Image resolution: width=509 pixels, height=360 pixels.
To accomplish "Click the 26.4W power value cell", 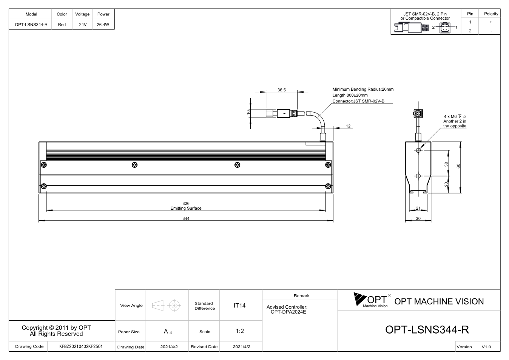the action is [103, 25].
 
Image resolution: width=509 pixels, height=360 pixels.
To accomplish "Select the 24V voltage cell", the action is [83, 25].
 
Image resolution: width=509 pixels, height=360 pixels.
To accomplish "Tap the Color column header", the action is [62, 14].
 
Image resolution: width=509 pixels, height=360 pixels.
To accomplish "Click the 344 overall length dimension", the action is [186, 218].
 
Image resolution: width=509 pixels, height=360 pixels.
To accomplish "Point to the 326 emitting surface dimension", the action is [186, 203].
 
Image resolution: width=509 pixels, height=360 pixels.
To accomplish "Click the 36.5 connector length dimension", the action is [282, 90].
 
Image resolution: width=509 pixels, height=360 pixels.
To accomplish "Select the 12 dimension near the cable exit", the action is [348, 126].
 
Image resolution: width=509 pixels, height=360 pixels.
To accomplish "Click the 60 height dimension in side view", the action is [458, 166].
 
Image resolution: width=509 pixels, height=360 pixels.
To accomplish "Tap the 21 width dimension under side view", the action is [418, 208].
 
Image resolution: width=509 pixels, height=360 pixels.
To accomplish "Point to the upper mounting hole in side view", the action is [418, 150].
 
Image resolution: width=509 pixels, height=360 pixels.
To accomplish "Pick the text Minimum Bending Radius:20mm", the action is [363, 89].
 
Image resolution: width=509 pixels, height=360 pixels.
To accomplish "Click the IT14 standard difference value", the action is [239, 306].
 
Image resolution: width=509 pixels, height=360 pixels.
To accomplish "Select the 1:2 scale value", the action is [240, 331].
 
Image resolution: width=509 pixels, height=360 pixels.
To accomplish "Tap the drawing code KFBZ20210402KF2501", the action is [81, 346].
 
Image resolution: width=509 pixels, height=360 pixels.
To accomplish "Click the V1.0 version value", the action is [486, 347].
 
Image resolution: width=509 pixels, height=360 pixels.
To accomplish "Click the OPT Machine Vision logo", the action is [372, 300].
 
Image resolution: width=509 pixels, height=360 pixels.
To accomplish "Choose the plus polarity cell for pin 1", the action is [491, 22].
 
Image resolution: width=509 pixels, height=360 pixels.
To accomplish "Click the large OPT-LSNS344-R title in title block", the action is [427, 329].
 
